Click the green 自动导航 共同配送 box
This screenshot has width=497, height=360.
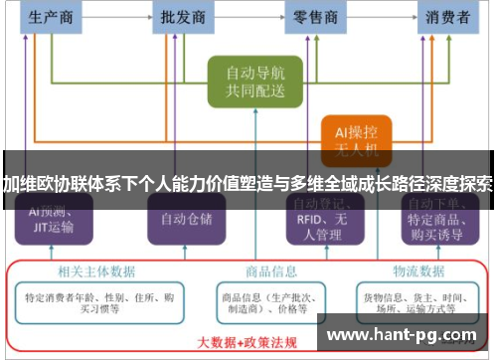pyautogui.click(x=254, y=82)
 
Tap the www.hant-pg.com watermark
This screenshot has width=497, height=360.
pyautogui.click(x=403, y=335)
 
